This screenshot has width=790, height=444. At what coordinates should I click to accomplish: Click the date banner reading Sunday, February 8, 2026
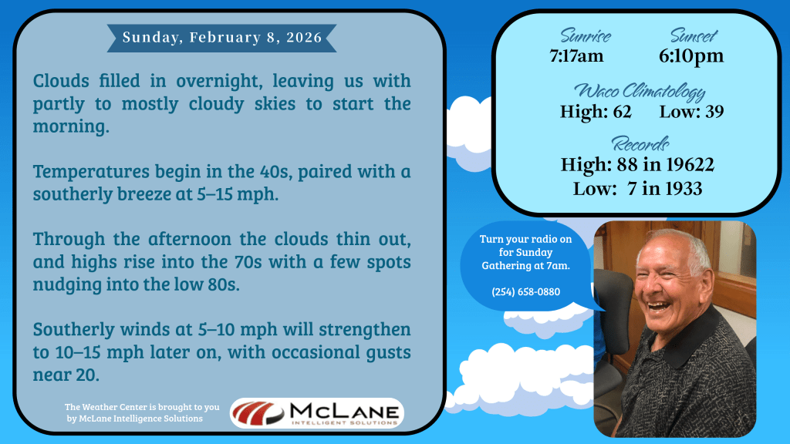coord(221,38)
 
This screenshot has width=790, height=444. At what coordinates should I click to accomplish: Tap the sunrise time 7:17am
coord(576,55)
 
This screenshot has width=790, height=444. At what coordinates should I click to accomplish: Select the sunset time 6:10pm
coord(691,55)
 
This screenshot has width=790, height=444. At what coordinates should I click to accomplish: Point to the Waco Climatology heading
coord(640,91)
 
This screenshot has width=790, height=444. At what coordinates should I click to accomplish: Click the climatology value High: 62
coord(596,111)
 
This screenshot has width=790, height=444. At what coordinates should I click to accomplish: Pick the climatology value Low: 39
coord(692,111)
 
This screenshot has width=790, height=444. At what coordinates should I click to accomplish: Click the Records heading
coord(640,144)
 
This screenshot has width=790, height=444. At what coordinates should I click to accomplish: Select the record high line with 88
coord(637,165)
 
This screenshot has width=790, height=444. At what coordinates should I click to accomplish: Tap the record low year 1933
coord(684,189)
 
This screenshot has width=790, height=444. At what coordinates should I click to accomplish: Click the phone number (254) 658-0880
coord(526,292)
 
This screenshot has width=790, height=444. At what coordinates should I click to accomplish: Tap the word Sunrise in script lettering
coord(586,35)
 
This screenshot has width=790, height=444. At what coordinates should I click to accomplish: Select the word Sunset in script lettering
coord(694,35)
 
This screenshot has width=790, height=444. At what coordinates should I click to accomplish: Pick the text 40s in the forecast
coord(274,172)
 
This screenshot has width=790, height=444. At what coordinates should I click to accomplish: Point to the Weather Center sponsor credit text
coord(142,413)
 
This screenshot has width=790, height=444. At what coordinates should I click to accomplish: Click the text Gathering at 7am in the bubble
coord(526,266)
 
